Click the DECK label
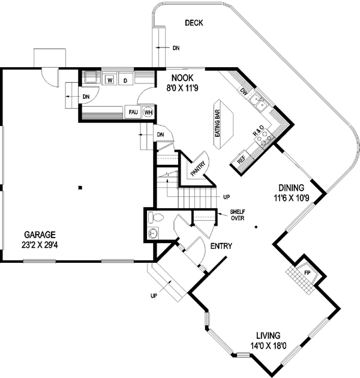click(x=194, y=23)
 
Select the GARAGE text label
click(x=40, y=235)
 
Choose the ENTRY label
click(x=221, y=246)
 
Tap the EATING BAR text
click(x=218, y=122)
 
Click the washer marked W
click(x=110, y=79)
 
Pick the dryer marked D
click(x=125, y=79)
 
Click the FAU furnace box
click(x=133, y=112)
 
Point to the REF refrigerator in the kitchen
click(x=241, y=160)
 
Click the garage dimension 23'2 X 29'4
click(x=40, y=244)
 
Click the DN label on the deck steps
click(x=176, y=47)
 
